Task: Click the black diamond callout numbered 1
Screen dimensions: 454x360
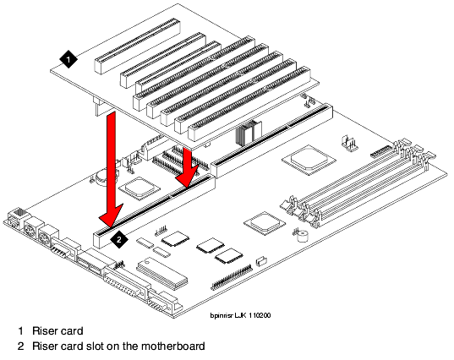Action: point(68,60)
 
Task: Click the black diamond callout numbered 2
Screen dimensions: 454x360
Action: point(119,239)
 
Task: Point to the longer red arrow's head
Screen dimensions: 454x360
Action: point(110,215)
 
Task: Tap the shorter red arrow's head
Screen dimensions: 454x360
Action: point(187,176)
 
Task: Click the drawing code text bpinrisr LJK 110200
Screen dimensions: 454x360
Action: point(240,315)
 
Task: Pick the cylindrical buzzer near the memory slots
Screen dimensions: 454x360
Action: point(303,236)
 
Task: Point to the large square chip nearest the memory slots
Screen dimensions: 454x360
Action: point(309,160)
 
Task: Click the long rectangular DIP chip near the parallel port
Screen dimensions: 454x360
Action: point(161,273)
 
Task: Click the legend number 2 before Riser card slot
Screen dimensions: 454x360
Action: point(20,346)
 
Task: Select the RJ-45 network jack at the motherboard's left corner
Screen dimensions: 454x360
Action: point(18,217)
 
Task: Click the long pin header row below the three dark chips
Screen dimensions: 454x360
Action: point(232,277)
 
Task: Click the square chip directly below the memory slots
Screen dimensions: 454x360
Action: point(265,223)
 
